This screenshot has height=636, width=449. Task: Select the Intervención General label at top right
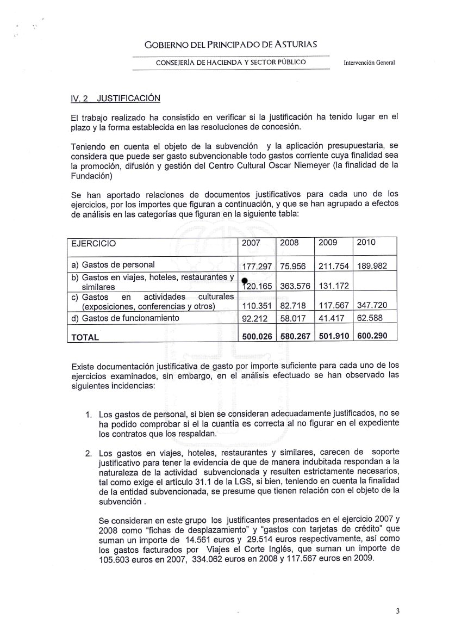(369, 62)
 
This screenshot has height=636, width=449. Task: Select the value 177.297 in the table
(256, 267)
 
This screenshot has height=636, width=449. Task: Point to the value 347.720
(375, 306)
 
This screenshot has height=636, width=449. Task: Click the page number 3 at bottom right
(397, 611)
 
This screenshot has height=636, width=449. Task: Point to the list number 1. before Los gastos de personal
(88, 415)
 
